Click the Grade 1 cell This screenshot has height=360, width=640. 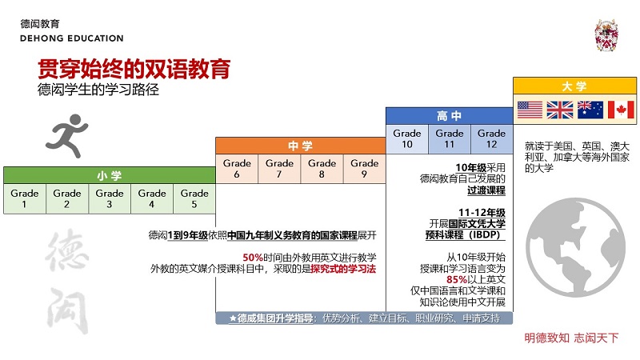(25, 198)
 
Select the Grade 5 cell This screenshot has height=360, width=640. (194, 198)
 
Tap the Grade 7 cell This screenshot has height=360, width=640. (279, 169)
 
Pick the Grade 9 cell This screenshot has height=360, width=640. (365, 169)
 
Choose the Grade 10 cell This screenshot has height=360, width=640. (407, 138)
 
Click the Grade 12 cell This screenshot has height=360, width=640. (492, 138)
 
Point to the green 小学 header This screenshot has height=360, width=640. (110, 175)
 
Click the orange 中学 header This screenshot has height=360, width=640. (301, 146)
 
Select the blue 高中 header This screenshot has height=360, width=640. (450, 116)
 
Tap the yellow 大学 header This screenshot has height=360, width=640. (574, 86)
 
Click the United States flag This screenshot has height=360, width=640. (530, 110)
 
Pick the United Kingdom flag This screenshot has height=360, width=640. (560, 110)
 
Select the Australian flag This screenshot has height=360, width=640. (590, 110)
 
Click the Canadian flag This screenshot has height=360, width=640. (621, 110)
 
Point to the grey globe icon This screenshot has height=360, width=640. (575, 247)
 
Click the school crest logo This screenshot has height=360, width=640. (606, 35)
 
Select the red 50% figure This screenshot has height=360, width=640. (253, 258)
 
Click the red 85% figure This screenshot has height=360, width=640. (456, 279)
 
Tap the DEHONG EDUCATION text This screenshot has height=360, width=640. (72, 38)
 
